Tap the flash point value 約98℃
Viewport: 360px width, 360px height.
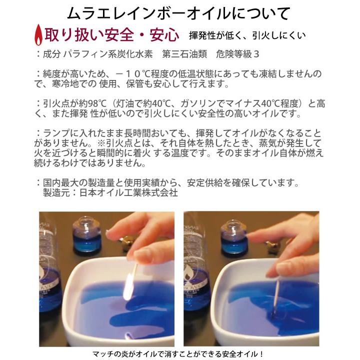[x=91, y=103]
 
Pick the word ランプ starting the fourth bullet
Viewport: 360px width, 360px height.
[x=58, y=133]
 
